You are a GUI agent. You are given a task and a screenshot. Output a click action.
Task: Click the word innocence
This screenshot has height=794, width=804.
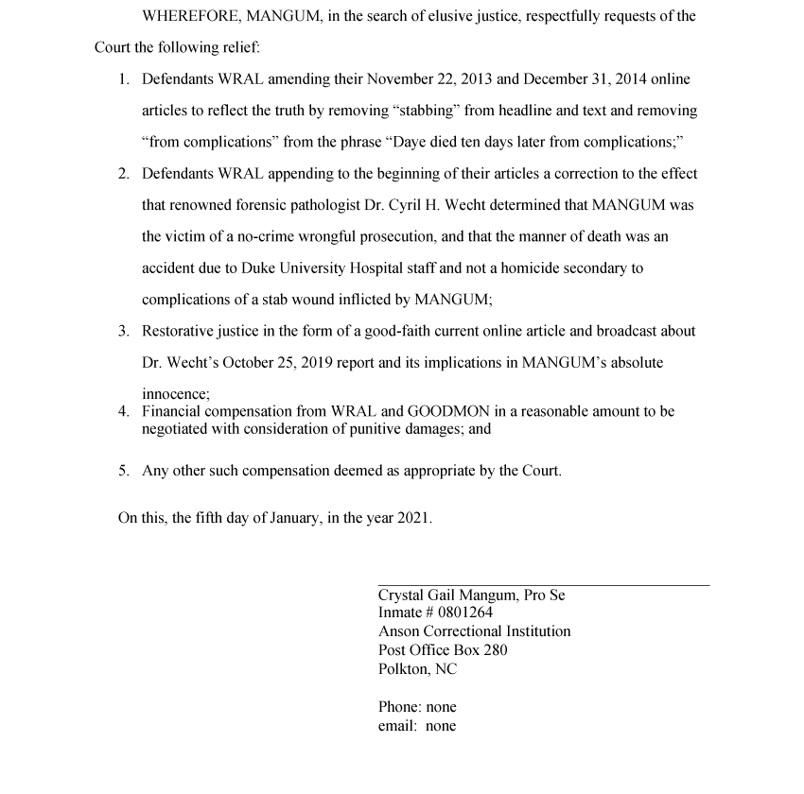(174, 394)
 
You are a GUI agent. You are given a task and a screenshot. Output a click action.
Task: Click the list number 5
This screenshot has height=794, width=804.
(124, 470)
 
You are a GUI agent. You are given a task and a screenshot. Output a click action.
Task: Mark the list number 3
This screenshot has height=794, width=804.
(124, 332)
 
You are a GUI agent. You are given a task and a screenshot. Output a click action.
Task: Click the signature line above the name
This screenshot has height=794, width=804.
(543, 585)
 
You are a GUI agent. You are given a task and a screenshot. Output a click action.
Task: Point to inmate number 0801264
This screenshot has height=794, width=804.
(465, 613)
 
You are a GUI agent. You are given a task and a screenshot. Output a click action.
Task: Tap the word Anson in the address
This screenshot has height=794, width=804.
(398, 631)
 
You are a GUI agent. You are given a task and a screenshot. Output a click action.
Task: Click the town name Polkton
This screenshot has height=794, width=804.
(404, 669)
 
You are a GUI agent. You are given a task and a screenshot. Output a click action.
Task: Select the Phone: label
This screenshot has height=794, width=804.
(400, 707)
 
